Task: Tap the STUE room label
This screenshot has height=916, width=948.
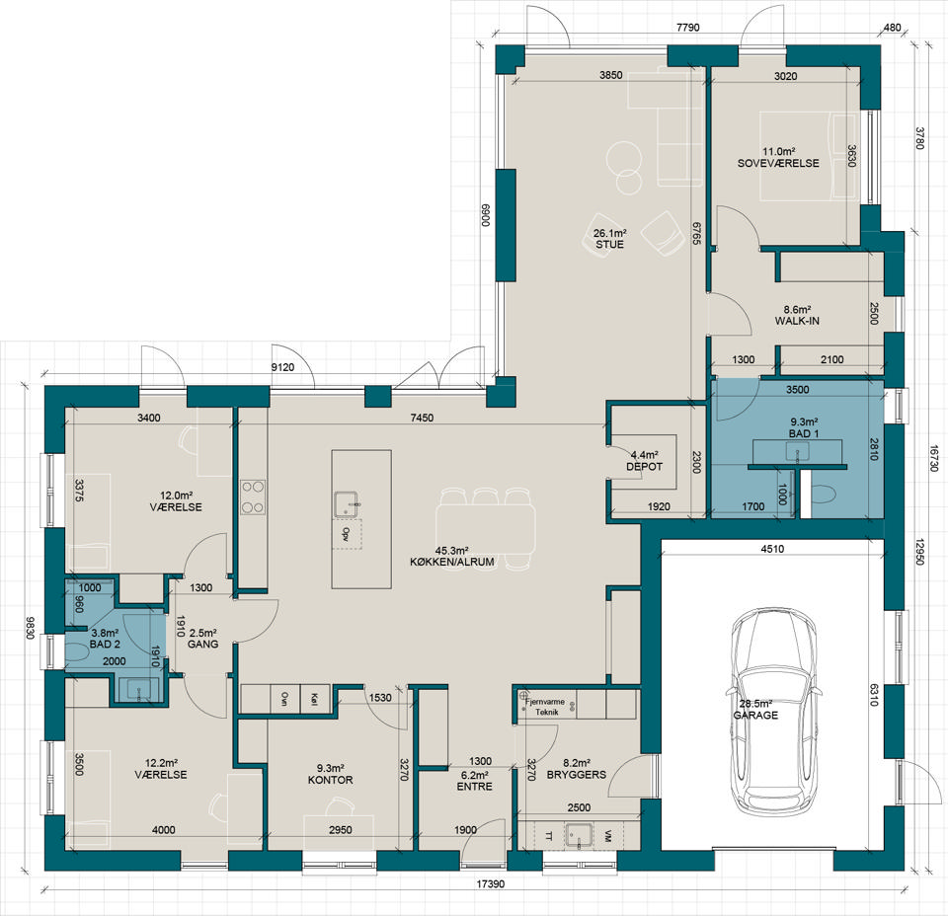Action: click(x=609, y=245)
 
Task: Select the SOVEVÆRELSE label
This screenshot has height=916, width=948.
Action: click(x=778, y=163)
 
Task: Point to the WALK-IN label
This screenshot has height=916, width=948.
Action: click(x=797, y=321)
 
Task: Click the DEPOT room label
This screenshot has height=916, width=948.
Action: click(x=645, y=467)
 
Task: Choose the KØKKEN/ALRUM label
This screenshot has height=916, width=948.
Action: click(x=452, y=562)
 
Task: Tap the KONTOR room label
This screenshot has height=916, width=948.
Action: click(x=330, y=780)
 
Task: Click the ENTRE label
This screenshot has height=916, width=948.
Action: click(x=475, y=787)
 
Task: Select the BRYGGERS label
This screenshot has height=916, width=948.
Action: click(x=576, y=775)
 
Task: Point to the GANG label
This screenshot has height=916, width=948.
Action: click(x=203, y=645)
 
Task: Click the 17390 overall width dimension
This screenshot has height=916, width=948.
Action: click(x=491, y=884)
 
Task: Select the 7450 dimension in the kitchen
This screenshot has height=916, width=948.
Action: click(x=422, y=418)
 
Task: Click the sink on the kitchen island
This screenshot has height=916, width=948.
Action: click(x=347, y=504)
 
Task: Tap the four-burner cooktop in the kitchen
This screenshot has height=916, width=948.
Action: click(x=254, y=497)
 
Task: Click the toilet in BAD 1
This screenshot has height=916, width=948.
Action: click(x=822, y=495)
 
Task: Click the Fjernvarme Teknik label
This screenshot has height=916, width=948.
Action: click(x=546, y=707)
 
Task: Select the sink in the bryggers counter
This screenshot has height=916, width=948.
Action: click(x=581, y=836)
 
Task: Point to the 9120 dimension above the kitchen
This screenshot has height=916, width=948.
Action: click(x=282, y=367)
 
